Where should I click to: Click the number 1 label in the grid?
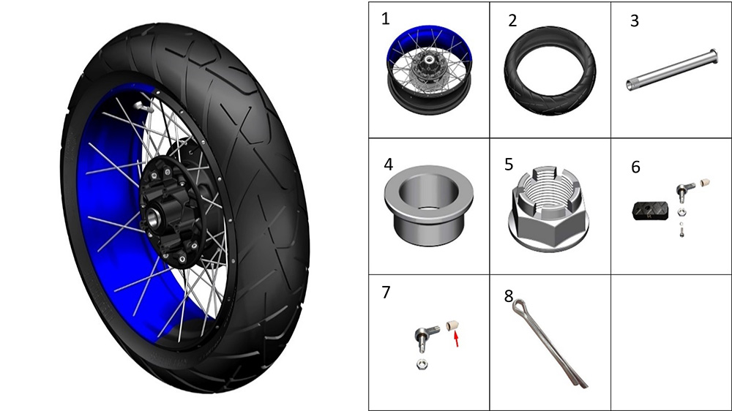[x=385, y=19]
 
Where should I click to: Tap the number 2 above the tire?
[x=512, y=20]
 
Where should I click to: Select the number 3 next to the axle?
[x=634, y=20]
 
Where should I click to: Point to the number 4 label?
[x=389, y=165]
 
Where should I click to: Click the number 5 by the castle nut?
[x=509, y=165]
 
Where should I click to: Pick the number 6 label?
[x=635, y=167]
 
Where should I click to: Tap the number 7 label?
[x=386, y=292]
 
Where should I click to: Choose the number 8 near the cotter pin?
[x=509, y=295]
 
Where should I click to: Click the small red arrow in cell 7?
[x=457, y=338]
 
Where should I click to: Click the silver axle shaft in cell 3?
[x=671, y=70]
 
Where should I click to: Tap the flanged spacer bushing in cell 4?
[x=428, y=205]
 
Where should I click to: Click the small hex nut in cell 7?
[x=422, y=363]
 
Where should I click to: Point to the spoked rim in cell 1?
[x=429, y=69]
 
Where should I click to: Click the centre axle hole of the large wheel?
[x=153, y=216]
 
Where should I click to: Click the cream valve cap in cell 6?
[x=706, y=182]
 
